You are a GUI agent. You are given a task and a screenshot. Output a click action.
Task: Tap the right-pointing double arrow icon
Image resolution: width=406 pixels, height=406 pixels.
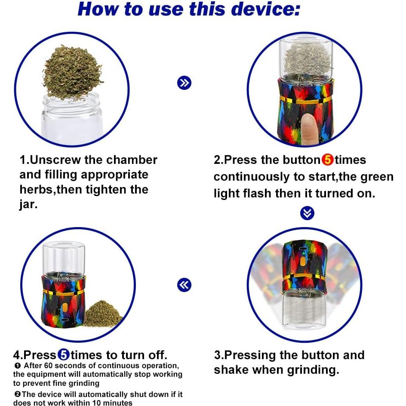[185, 83]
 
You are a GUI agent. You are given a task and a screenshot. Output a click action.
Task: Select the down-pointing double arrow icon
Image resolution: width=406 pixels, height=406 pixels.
[307, 213]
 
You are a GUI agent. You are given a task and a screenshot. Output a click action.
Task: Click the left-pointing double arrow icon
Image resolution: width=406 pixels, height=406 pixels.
[185, 285]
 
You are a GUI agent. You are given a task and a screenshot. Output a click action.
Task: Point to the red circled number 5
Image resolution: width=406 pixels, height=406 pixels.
[328, 160]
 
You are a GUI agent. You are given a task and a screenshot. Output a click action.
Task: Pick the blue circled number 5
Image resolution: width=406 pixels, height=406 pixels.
[64, 355]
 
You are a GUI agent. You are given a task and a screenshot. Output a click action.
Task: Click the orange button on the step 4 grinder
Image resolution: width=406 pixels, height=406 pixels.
[65, 308]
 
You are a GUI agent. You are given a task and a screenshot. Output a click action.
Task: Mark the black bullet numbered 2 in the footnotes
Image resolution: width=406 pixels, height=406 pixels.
[17, 394]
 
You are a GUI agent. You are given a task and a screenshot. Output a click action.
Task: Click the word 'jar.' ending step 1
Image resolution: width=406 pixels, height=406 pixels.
[28, 205]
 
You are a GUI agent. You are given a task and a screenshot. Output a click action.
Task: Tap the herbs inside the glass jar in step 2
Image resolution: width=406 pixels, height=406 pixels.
[307, 59]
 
